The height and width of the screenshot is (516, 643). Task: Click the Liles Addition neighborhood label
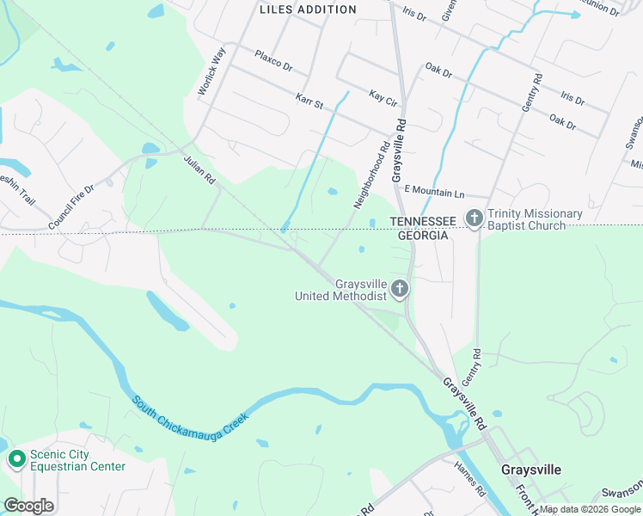(308, 9)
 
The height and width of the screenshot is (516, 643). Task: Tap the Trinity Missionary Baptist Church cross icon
(475, 219)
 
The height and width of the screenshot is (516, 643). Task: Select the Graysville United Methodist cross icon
(400, 289)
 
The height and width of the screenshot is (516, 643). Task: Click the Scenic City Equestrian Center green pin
(16, 460)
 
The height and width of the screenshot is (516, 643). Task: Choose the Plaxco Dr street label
(273, 60)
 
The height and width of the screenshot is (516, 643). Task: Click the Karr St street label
(309, 102)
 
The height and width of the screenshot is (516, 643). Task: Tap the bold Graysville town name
(531, 470)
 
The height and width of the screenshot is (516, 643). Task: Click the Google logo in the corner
(28, 506)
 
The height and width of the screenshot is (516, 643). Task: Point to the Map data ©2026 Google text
(590, 509)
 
